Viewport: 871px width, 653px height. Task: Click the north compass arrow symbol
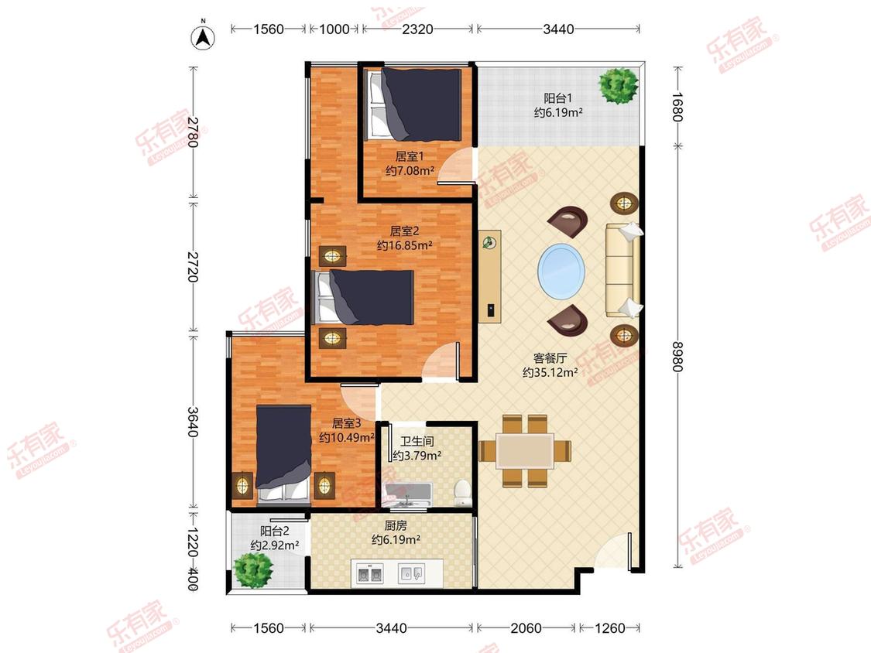(x=204, y=36)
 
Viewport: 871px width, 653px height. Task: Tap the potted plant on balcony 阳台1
(x=618, y=86)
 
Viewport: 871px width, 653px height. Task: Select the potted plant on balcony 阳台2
(x=253, y=570)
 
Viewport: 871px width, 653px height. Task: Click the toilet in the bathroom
(x=463, y=493)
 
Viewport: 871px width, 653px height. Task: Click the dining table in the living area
(x=525, y=451)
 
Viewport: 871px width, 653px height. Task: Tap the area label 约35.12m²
(x=550, y=373)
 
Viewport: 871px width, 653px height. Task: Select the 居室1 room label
(x=410, y=156)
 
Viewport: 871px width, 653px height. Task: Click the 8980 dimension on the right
(x=677, y=357)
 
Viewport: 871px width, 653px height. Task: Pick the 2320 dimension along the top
(x=417, y=29)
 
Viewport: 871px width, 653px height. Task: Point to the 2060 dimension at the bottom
(x=526, y=628)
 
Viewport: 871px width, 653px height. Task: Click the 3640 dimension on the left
(x=192, y=422)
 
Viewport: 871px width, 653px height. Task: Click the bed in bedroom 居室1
(x=416, y=104)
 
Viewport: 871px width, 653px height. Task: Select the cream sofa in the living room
(x=622, y=271)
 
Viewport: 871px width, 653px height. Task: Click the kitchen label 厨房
(x=396, y=525)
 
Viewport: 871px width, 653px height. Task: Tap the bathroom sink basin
(x=408, y=494)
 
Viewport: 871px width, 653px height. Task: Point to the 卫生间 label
(x=417, y=442)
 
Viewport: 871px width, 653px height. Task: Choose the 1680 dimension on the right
(x=677, y=107)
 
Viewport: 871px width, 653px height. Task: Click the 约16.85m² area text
(x=404, y=244)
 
